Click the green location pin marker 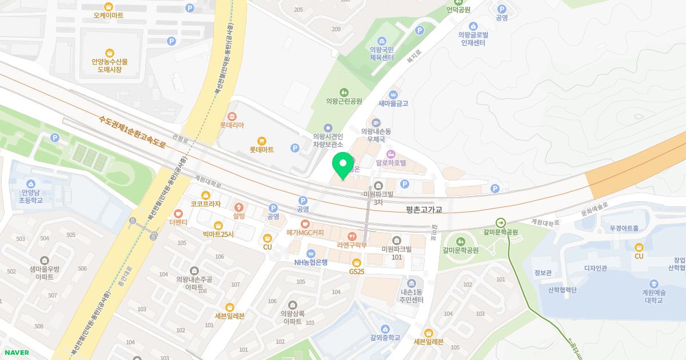pos(343,165)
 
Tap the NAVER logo pos(17,353)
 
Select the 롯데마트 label pos(261,150)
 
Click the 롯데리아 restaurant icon pos(232,116)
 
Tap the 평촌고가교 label pos(423,210)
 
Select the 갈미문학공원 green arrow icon pos(501,223)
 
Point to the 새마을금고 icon pos(393,94)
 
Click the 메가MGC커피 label pos(305,233)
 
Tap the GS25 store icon pos(357,262)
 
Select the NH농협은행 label pos(310,262)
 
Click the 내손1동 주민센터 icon pos(412,283)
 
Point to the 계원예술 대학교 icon pos(653,283)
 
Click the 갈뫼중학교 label pos(385,338)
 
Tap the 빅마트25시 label pos(218,234)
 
